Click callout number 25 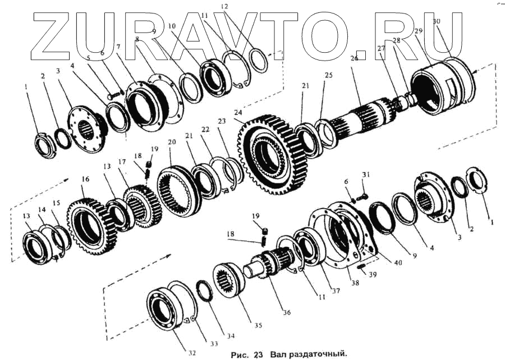coord(328,75)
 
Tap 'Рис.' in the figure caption coord(241,354)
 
